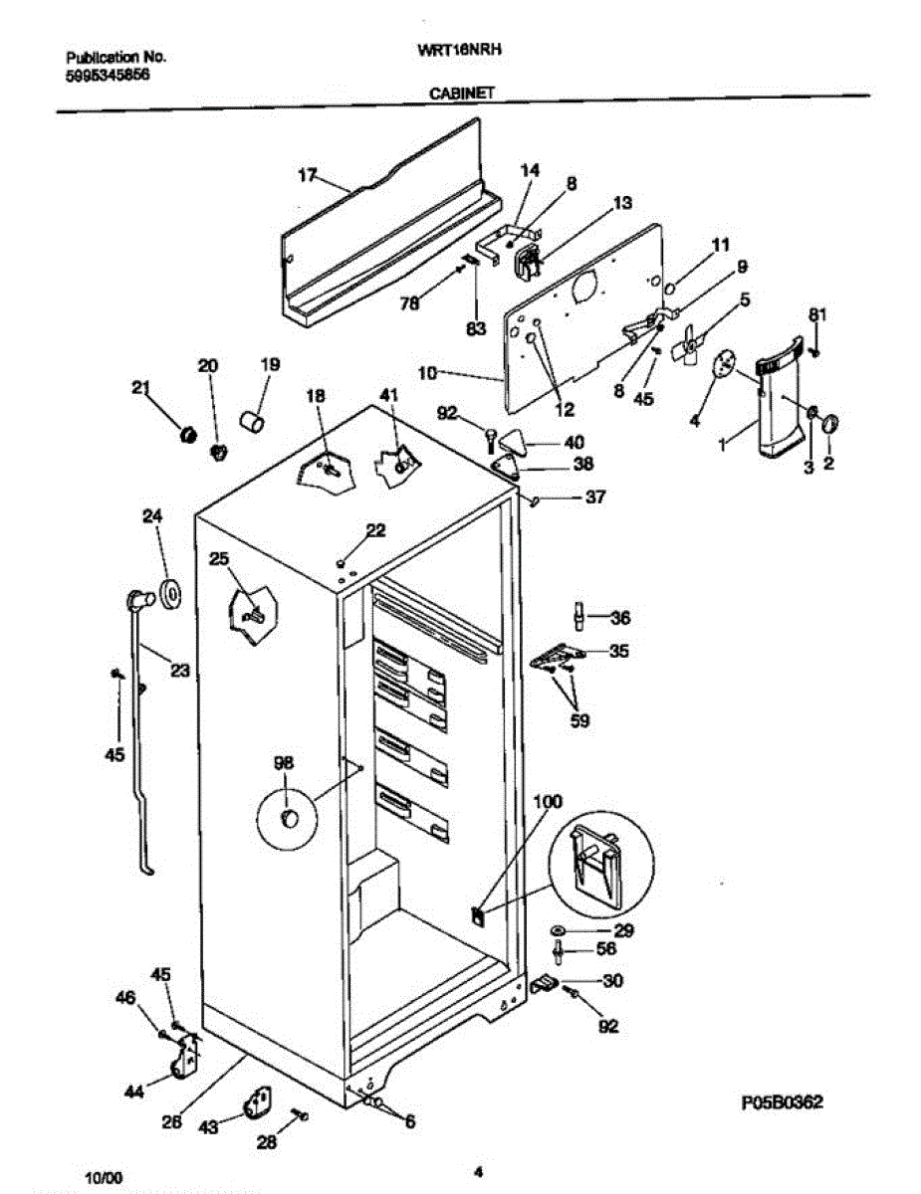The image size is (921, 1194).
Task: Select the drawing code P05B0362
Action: click(x=783, y=1102)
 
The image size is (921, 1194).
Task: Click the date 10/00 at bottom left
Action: click(x=104, y=1177)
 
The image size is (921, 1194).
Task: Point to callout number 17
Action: click(x=308, y=176)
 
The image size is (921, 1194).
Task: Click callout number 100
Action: click(x=548, y=801)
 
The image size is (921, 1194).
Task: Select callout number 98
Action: click(x=284, y=763)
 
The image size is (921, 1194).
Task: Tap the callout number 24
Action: click(x=152, y=516)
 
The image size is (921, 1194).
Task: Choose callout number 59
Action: click(x=577, y=720)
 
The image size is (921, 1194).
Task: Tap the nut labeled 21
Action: click(x=185, y=433)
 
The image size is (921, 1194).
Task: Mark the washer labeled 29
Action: click(x=560, y=930)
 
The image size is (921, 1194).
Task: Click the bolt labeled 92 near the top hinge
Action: click(x=491, y=435)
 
